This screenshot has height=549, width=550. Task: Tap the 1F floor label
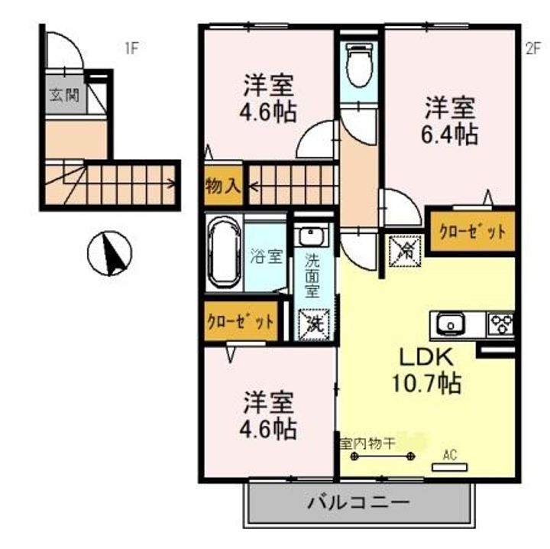[x=131, y=50]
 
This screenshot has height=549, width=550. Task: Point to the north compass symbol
[x=110, y=255]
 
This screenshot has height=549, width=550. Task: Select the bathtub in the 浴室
[x=224, y=253]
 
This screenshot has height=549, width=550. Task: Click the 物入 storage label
[x=222, y=186]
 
